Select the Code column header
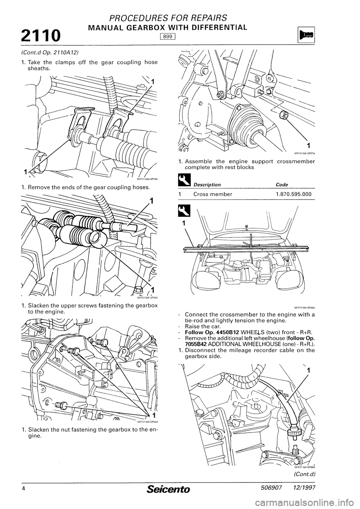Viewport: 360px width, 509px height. (x=281, y=184)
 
